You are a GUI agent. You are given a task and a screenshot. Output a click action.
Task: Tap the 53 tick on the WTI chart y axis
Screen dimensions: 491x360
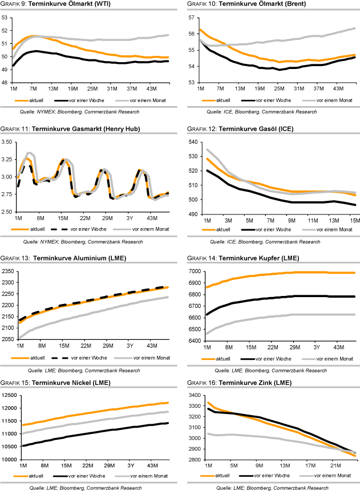click(5, 17)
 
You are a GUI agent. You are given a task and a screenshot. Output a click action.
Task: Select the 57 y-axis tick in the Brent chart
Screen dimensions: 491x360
click(192, 17)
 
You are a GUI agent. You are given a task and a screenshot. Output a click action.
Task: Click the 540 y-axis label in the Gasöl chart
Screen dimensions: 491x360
click(192, 141)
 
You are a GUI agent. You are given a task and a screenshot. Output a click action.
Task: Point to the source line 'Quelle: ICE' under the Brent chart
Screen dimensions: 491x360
click(261, 112)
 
